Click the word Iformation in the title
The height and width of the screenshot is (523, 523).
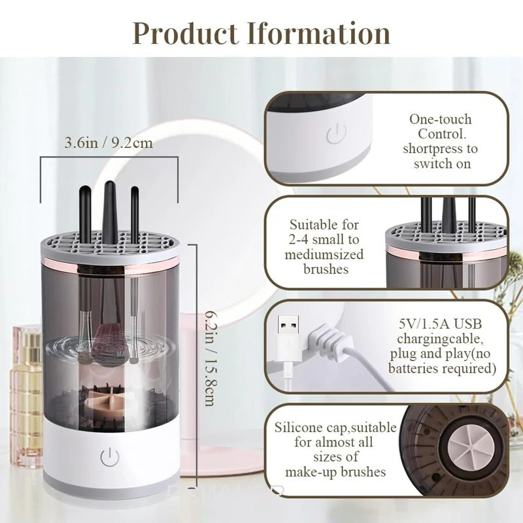coord(319,33)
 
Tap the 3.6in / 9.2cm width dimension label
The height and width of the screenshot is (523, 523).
coord(109,142)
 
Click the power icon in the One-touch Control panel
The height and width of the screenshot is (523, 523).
coord(335,135)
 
